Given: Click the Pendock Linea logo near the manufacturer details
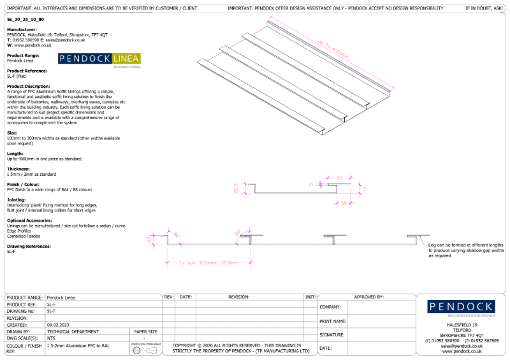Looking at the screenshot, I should (99, 60).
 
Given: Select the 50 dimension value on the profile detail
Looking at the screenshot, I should (339, 177).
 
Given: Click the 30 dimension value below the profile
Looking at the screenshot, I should (345, 203).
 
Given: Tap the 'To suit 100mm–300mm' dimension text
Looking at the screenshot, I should (208, 263).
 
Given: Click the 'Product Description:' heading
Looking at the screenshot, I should (28, 86).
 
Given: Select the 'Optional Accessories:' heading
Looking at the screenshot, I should (29, 220).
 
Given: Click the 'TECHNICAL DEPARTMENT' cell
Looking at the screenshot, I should (73, 331).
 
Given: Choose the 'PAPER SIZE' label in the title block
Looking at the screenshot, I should (145, 331).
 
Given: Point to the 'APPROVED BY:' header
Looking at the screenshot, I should (368, 297).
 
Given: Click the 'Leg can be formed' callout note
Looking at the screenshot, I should (465, 250).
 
